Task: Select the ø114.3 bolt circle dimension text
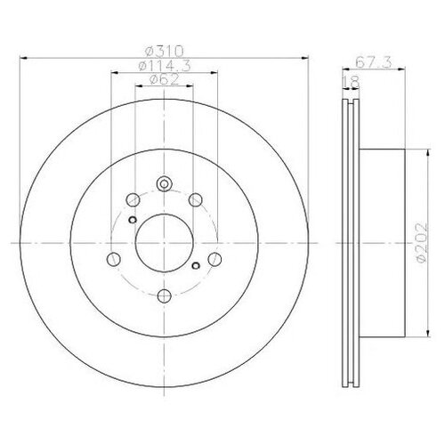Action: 163,64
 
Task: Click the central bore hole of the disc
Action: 163,240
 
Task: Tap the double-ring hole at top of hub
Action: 163,185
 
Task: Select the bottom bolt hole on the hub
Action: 163,297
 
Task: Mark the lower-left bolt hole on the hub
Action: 112,259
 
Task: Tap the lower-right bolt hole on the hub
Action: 214,259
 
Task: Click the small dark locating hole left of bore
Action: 132,221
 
